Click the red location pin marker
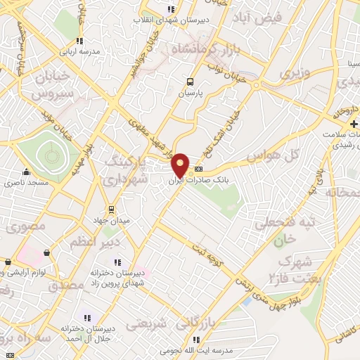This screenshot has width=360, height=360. [181, 164]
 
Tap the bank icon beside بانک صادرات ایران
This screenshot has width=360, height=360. [198, 169]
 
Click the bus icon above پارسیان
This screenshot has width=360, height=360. [189, 82]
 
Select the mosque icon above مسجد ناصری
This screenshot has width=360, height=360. [27, 172]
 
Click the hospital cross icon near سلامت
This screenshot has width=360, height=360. [354, 124]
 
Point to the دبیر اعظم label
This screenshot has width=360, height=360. [95, 242]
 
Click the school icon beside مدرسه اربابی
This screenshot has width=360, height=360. [79, 41]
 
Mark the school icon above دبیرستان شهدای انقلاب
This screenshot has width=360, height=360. [170, 9]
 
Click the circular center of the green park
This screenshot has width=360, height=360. [49, 150]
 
